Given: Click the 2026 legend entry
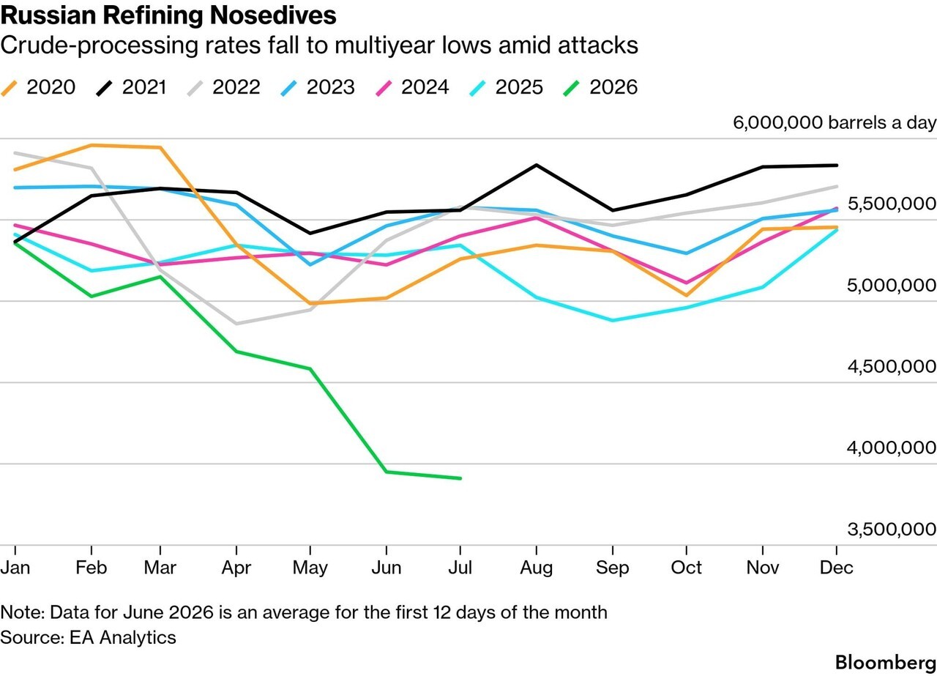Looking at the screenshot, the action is pyautogui.click(x=600, y=87).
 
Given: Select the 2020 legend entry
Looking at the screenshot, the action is pyautogui.click(x=38, y=87).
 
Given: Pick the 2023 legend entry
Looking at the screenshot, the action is pyautogui.click(x=318, y=87).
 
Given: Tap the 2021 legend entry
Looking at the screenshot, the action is pyautogui.click(x=131, y=87).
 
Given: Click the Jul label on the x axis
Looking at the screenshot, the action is pyautogui.click(x=460, y=568).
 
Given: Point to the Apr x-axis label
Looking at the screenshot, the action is pyautogui.click(x=236, y=568).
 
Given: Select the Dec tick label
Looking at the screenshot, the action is pyautogui.click(x=836, y=568).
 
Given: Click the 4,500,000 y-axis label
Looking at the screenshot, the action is pyautogui.click(x=892, y=367).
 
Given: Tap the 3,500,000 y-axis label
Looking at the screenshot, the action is pyautogui.click(x=892, y=530).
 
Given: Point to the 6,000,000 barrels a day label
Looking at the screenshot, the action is pyautogui.click(x=835, y=122).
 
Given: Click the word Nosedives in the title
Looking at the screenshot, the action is pyautogui.click(x=273, y=15).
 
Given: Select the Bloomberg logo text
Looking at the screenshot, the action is pyautogui.click(x=886, y=663).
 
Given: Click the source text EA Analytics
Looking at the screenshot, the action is pyautogui.click(x=123, y=637).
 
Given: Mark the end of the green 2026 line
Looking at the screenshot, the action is pyautogui.click(x=460, y=478).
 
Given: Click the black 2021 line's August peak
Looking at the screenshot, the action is pyautogui.click(x=537, y=165).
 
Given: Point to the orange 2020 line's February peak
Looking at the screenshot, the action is pyautogui.click(x=92, y=145).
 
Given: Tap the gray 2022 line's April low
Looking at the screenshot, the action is pyautogui.click(x=236, y=324).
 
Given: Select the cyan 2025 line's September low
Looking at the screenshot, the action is pyautogui.click(x=613, y=321).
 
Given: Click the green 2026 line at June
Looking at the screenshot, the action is pyautogui.click(x=386, y=472).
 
